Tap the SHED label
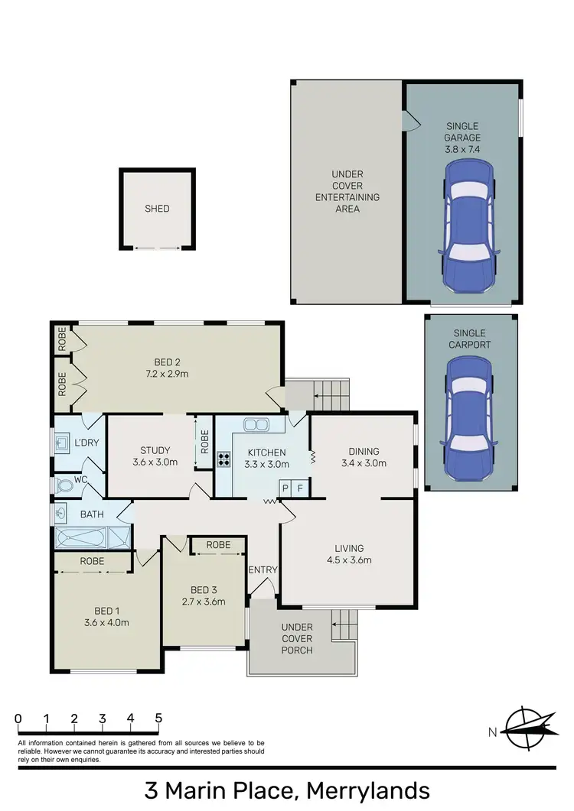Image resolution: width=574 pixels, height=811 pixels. [x=157, y=209]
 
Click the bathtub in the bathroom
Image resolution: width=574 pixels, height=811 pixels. [x=80, y=538]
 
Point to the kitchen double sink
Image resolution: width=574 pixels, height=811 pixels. [x=254, y=424]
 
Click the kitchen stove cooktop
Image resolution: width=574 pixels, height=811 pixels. [x=225, y=459]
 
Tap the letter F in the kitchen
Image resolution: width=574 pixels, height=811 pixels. [x=301, y=488]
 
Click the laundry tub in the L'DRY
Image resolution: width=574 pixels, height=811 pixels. [x=61, y=441]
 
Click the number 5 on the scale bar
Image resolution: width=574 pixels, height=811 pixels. [x=158, y=719]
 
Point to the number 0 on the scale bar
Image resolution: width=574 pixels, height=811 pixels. [x=18, y=719]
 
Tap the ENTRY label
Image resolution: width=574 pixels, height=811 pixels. [x=263, y=569]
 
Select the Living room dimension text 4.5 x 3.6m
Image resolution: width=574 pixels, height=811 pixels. [x=348, y=560]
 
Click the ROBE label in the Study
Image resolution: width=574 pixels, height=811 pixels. [x=204, y=442]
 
